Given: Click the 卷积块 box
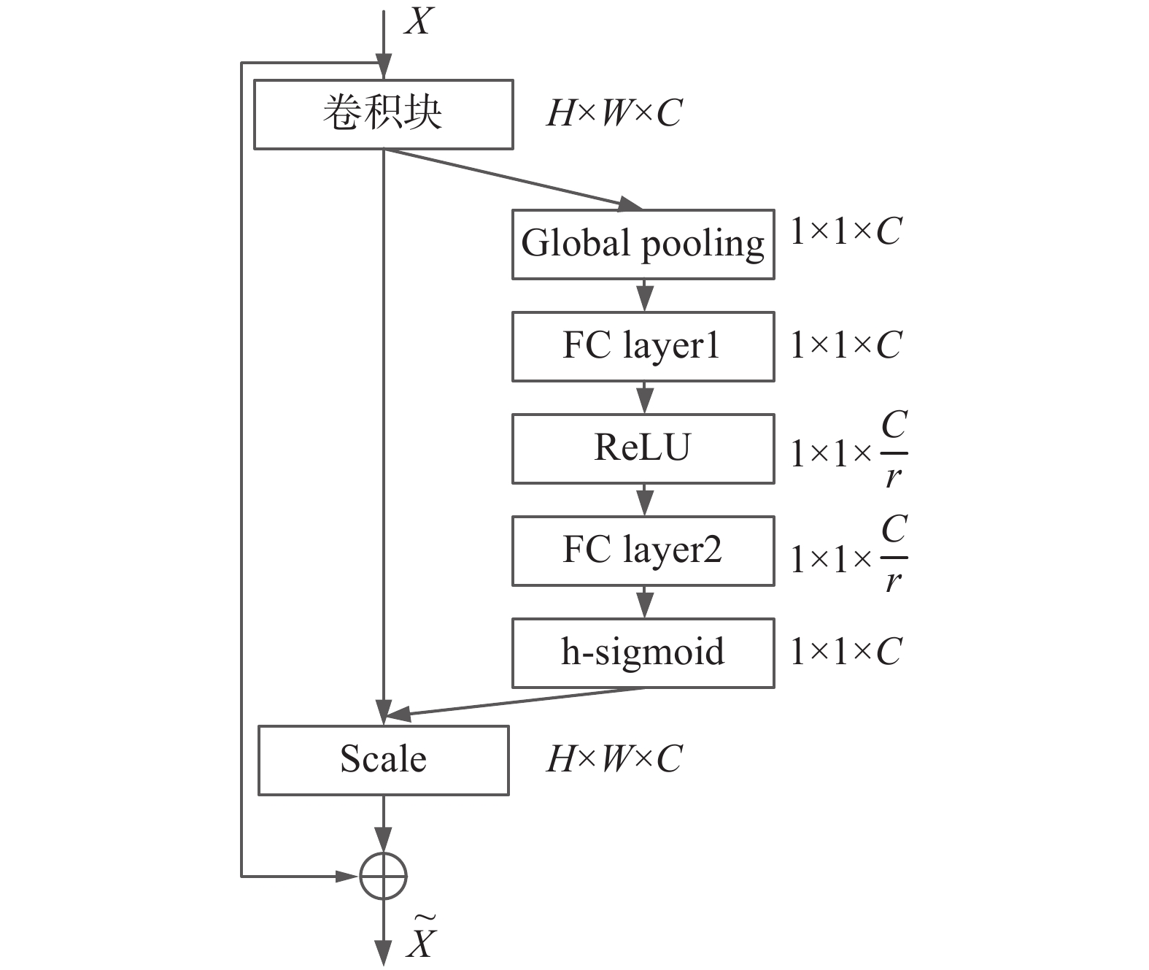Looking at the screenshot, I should tap(383, 115).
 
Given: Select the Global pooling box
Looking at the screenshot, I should tap(643, 245).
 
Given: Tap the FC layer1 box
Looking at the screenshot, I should tap(643, 347).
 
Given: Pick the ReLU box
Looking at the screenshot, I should tap(643, 449).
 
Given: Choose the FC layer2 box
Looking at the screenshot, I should tap(643, 551).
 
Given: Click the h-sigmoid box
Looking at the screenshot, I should tap(643, 653).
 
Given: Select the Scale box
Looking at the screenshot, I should tap(383, 760).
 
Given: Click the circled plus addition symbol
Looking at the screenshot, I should tap(383, 875).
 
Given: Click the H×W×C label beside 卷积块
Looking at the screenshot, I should tap(614, 113).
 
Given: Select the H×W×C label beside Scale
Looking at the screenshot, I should tap(614, 759).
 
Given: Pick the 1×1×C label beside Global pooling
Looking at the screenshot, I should tap(846, 232).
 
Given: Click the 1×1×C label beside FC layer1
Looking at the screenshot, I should tap(846, 345).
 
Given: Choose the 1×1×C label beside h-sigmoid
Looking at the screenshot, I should tap(846, 652).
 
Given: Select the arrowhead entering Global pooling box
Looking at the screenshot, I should tap(630, 204).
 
